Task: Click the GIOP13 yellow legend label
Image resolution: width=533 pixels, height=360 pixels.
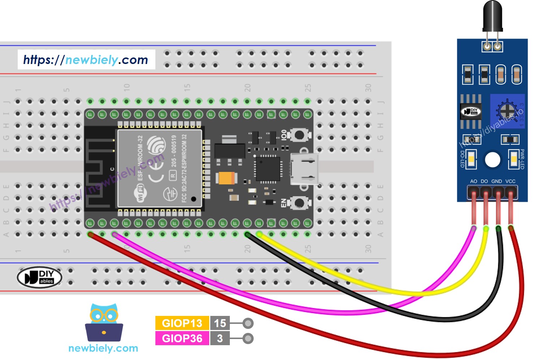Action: pos(182,323)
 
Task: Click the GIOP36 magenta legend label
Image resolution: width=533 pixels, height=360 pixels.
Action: pos(182,338)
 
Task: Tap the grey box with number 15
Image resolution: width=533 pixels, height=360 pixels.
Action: pos(220,323)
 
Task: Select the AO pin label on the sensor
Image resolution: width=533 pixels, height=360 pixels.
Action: pos(473,181)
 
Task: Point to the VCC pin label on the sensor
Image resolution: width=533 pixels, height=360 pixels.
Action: pos(510,181)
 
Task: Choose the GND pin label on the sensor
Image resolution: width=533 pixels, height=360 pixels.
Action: pos(497,181)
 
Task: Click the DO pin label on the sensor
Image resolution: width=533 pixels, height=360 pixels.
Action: pos(484,181)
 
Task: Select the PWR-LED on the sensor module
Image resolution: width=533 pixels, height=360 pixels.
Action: pos(513,159)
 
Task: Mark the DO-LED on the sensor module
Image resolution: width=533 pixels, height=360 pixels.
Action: pos(471,159)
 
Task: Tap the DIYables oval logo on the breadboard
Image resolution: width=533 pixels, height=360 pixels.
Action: pos(39,277)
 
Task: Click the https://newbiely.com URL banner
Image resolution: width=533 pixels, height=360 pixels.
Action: pos(86,60)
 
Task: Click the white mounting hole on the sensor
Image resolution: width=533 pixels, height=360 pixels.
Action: pos(492,159)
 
